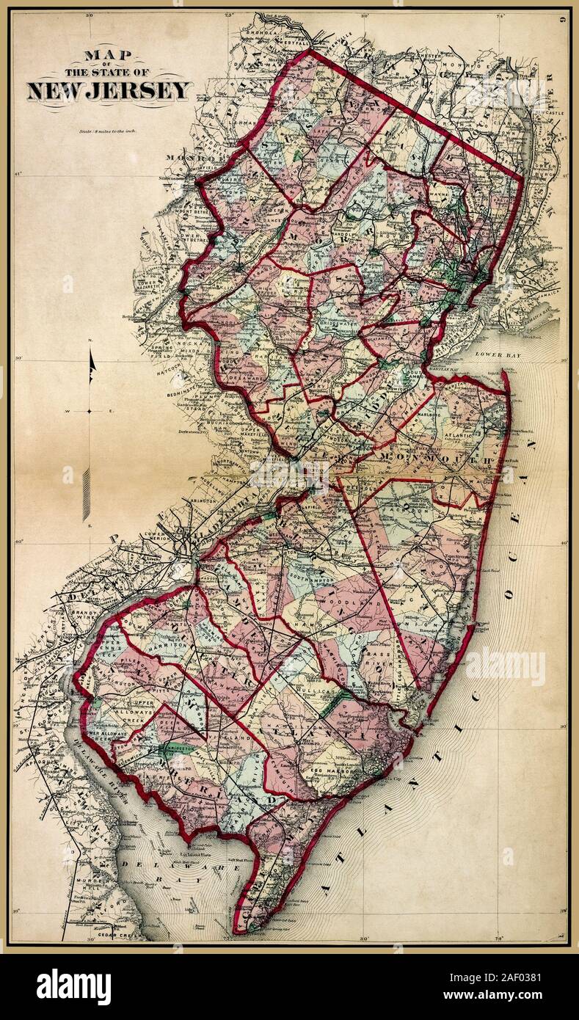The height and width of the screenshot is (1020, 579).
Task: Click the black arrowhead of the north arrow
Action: point(92,365)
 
